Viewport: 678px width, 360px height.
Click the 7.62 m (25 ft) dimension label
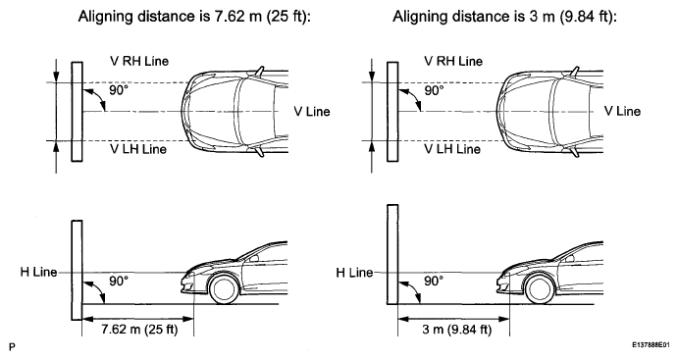(x=139, y=330)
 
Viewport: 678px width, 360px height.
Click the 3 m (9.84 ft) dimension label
(x=457, y=330)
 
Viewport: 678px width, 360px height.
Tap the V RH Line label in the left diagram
(x=139, y=61)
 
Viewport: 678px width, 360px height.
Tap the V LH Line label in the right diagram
(x=452, y=149)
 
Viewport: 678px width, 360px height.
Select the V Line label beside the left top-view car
(x=312, y=112)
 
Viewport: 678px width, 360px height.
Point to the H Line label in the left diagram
(x=38, y=272)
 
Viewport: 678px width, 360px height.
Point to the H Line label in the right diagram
(x=354, y=273)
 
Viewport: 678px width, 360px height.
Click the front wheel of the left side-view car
(x=224, y=289)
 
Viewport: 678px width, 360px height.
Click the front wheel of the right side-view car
(x=540, y=289)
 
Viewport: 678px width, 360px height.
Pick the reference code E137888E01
(x=651, y=345)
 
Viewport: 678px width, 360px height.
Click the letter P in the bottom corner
(x=12, y=347)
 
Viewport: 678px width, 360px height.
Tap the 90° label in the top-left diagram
(x=119, y=91)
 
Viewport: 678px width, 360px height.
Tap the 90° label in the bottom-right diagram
(x=434, y=281)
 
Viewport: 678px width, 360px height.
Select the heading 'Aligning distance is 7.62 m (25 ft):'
(x=194, y=17)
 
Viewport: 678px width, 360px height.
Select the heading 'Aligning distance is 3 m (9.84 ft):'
(x=504, y=17)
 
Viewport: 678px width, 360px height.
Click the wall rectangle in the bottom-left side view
(x=77, y=270)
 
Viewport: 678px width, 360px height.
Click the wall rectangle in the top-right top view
(x=392, y=112)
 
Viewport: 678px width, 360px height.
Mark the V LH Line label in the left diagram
(x=138, y=149)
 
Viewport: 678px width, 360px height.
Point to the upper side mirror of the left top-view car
(x=259, y=71)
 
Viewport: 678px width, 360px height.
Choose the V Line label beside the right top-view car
(x=622, y=111)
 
